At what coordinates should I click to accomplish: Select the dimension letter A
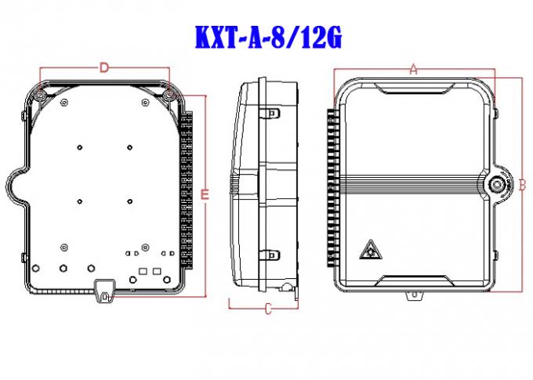coord(414,69)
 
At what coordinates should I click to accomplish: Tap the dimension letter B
coord(521,186)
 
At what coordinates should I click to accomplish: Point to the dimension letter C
coord(267,309)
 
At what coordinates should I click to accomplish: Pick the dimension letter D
coord(104,68)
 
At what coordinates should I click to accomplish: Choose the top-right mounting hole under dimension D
coord(170,95)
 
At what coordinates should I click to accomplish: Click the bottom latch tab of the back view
coord(103,290)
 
